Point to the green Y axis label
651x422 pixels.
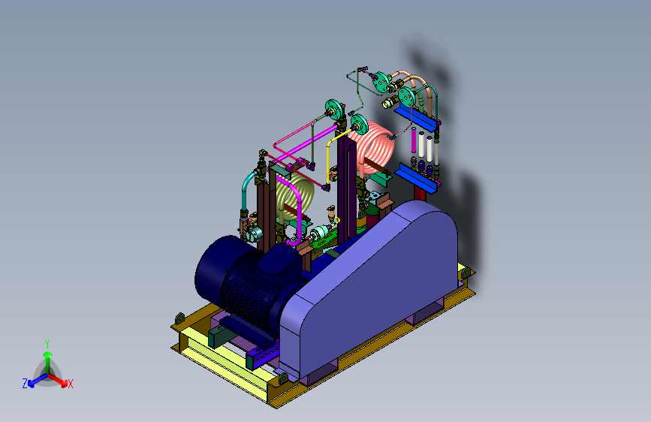pyautogui.click(x=47, y=344)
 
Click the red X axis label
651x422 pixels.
pyautogui.click(x=70, y=384)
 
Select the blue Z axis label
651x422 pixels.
pyautogui.click(x=25, y=384)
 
